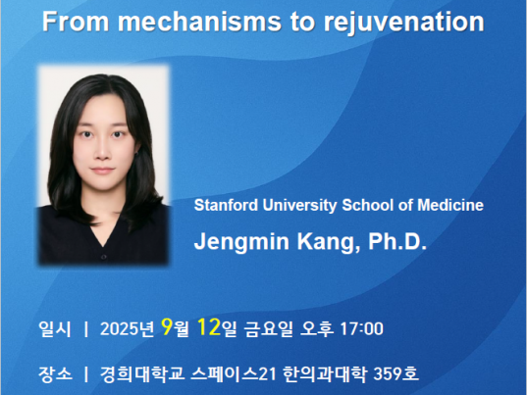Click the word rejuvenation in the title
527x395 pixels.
coord(403,23)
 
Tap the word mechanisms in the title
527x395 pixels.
coord(199,22)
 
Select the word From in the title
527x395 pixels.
coord(76,22)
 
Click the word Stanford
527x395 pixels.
coord(226,205)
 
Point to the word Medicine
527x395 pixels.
coord(450,205)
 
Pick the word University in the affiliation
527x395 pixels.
coord(299,206)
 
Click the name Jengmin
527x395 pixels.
coord(241,242)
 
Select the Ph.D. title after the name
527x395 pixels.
coord(397,241)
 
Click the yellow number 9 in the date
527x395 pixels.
coord(167,326)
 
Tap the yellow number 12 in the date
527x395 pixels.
coord(209,326)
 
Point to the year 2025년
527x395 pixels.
coord(127,328)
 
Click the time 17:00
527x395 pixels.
coord(362,328)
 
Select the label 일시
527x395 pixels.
coord(55,328)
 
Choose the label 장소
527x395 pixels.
coord(55,373)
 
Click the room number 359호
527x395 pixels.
coord(395,373)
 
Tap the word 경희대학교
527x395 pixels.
coord(142,373)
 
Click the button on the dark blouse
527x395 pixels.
coord(104,257)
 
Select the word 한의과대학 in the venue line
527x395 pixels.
coord(324,373)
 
